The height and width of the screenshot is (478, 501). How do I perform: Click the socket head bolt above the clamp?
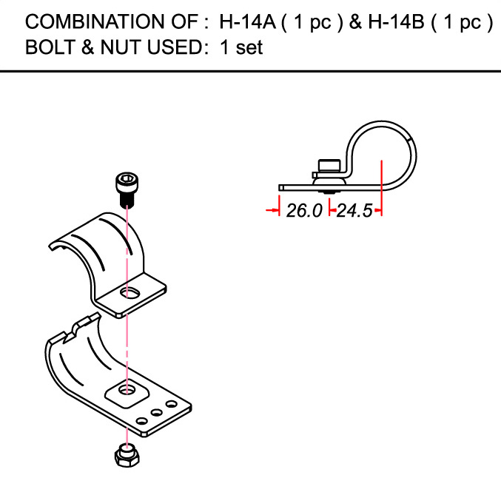(127, 189)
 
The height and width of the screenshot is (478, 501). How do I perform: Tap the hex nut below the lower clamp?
(127, 455)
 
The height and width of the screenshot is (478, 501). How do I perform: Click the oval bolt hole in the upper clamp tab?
(130, 292)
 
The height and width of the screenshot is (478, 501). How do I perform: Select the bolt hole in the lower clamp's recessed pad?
(127, 389)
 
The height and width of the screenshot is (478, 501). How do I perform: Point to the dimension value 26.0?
(304, 211)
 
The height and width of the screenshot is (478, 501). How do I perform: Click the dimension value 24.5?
(354, 211)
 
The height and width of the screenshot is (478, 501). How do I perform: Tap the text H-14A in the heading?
(247, 21)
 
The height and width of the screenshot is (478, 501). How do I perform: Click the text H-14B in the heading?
(396, 21)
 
